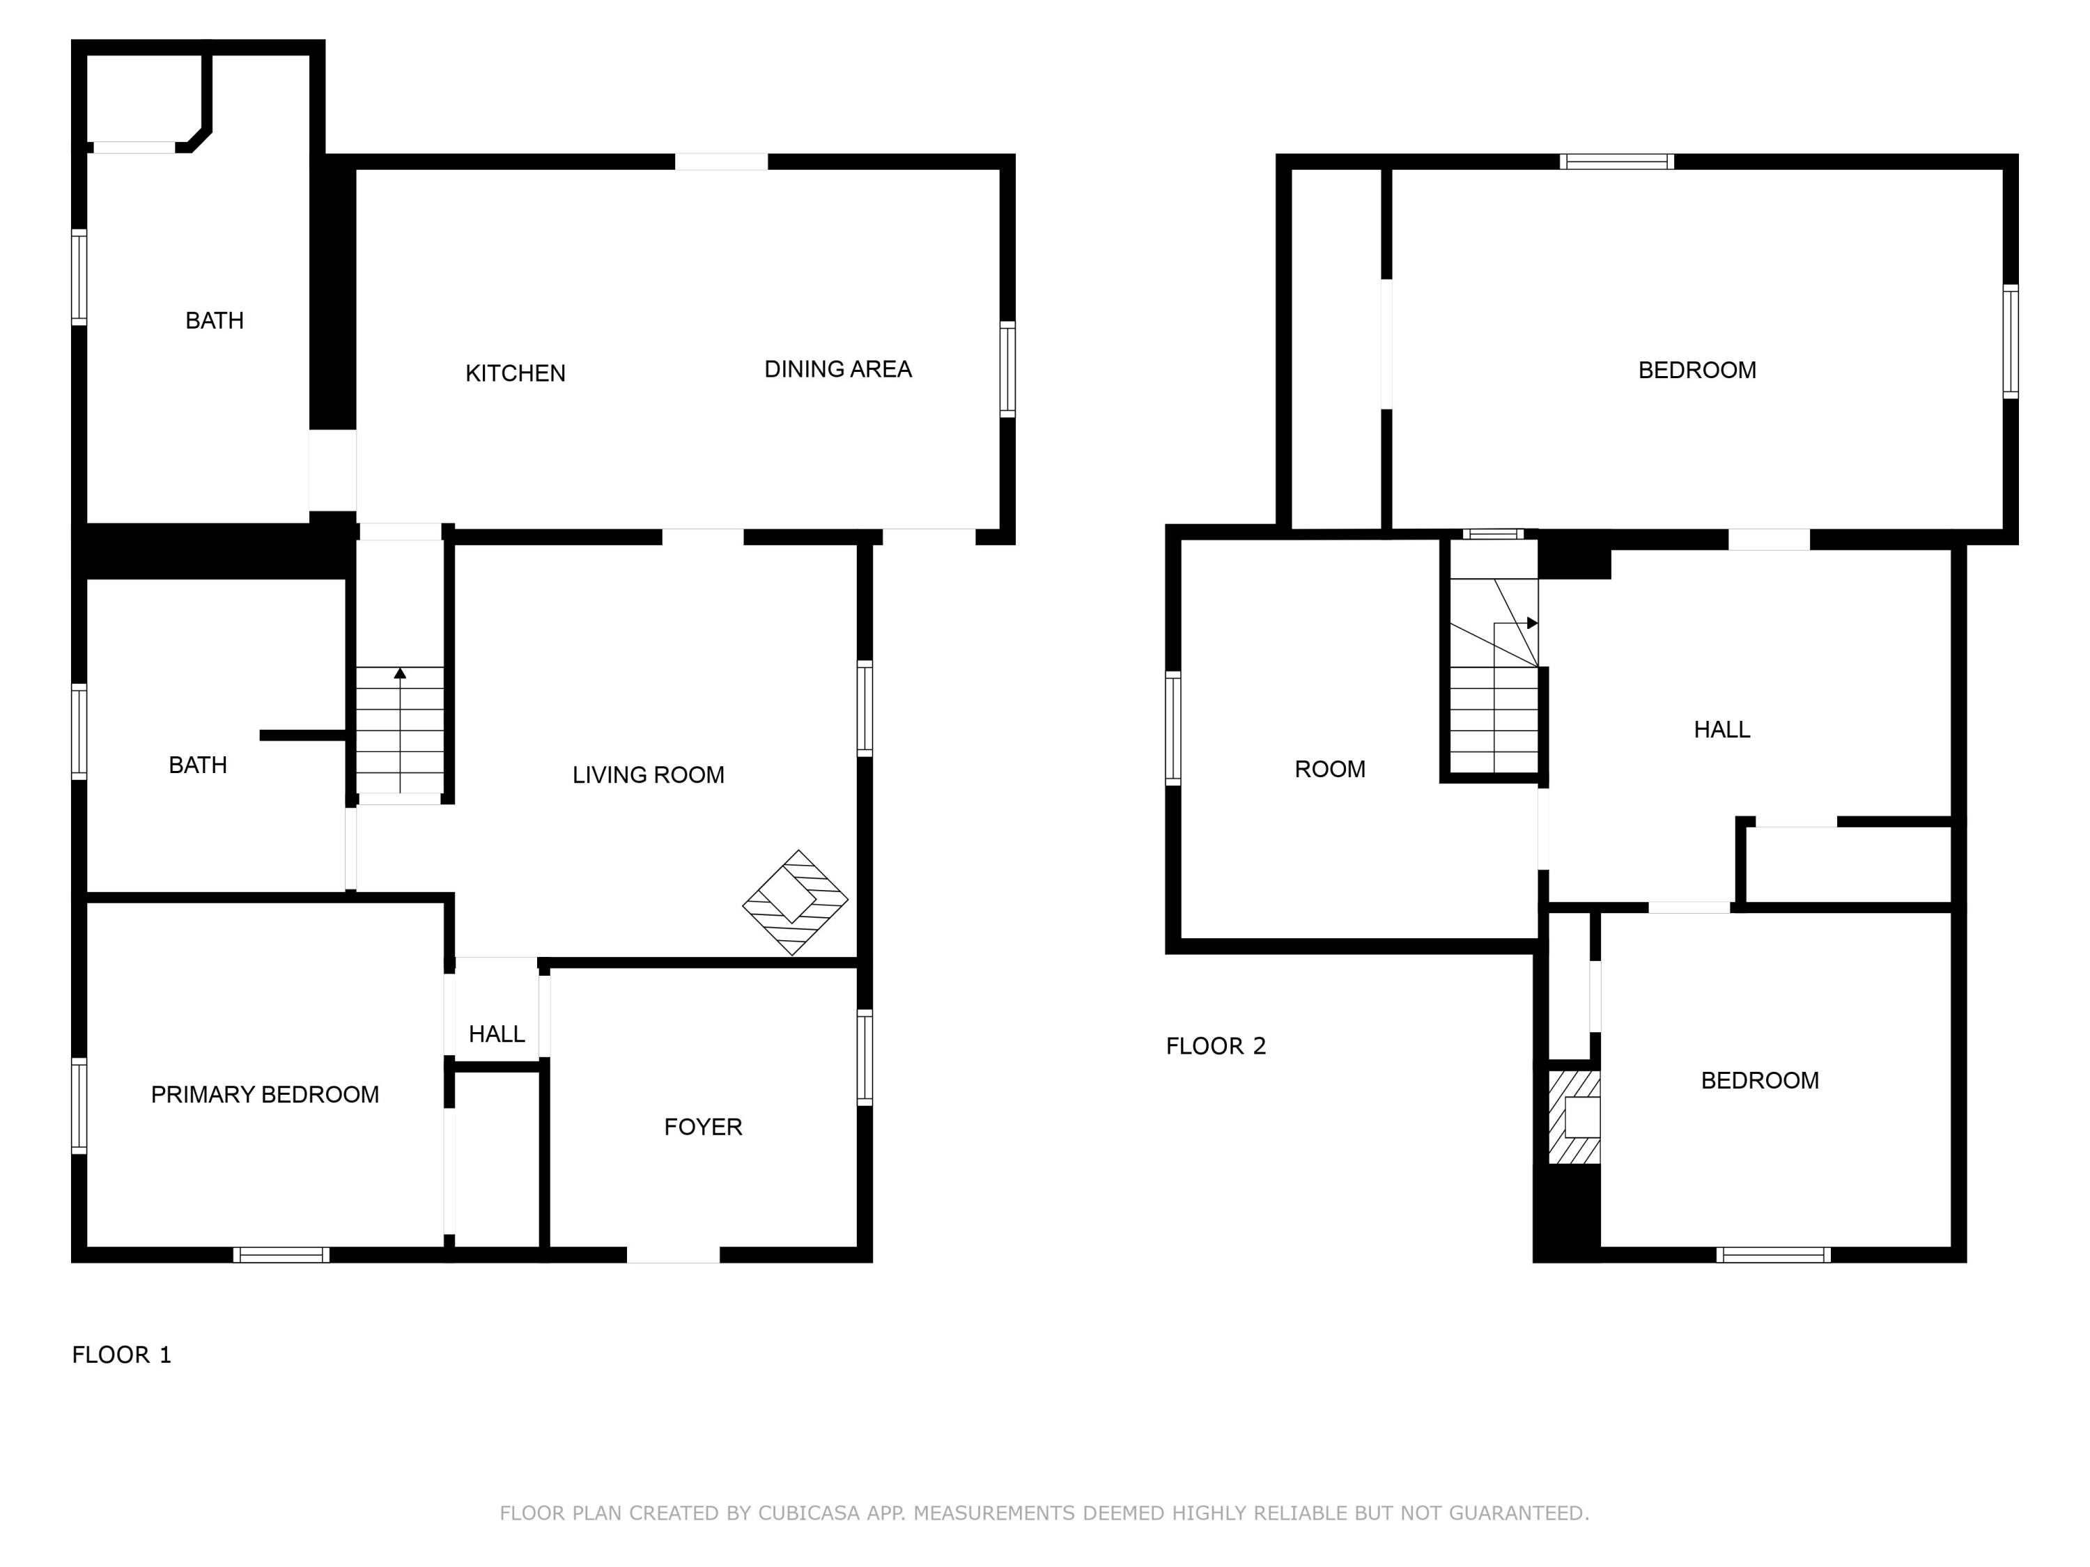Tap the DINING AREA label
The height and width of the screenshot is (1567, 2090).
point(838,369)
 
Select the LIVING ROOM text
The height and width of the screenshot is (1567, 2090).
point(648,774)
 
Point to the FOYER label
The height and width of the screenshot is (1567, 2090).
point(703,1127)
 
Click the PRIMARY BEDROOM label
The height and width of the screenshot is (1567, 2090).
point(265,1095)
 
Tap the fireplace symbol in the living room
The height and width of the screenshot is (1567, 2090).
point(795,902)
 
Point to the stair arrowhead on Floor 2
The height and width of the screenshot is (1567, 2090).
point(1533,623)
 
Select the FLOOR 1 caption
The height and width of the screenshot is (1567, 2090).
point(122,1355)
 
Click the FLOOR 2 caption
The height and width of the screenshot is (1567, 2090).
point(1216,1045)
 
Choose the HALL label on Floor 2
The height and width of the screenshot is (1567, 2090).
point(1721,729)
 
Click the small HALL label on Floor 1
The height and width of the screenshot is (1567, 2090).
point(497,1034)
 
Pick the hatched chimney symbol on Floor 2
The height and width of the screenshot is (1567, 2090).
point(1574,1116)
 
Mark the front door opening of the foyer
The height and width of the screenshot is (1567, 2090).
point(674,1254)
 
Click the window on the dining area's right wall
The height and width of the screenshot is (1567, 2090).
point(1008,369)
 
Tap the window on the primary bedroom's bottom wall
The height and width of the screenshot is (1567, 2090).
point(281,1254)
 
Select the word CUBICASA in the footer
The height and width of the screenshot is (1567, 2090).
point(809,1513)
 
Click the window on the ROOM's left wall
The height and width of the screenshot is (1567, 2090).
point(1173,728)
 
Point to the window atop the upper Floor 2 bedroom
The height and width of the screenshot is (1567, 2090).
point(1617,162)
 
